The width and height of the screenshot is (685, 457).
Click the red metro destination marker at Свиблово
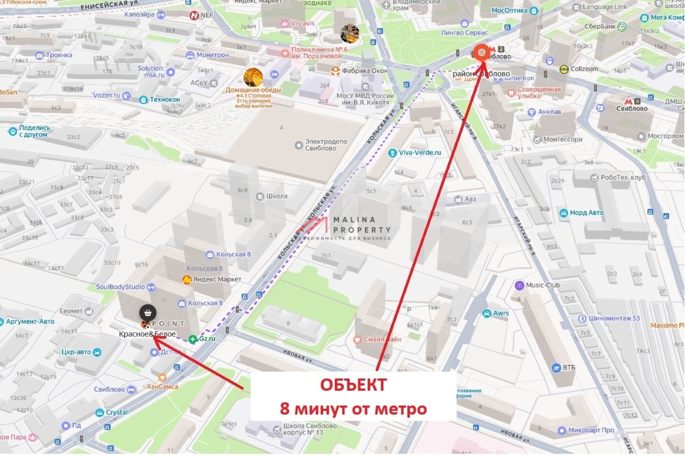point(481,53)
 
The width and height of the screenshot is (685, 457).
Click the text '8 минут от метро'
point(353,409)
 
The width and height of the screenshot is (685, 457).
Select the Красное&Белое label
point(147,334)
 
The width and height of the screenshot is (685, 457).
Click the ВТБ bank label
point(569,367)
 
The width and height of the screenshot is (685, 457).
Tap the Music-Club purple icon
point(519,285)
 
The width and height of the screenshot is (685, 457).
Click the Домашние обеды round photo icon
point(253,77)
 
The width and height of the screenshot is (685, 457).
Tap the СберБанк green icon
point(622,27)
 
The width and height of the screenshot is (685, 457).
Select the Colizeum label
point(582,69)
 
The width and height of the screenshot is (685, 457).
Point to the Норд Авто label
point(586,213)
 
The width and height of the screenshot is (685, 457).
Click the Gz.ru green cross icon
point(193,339)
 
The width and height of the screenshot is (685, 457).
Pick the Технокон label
point(164,99)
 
